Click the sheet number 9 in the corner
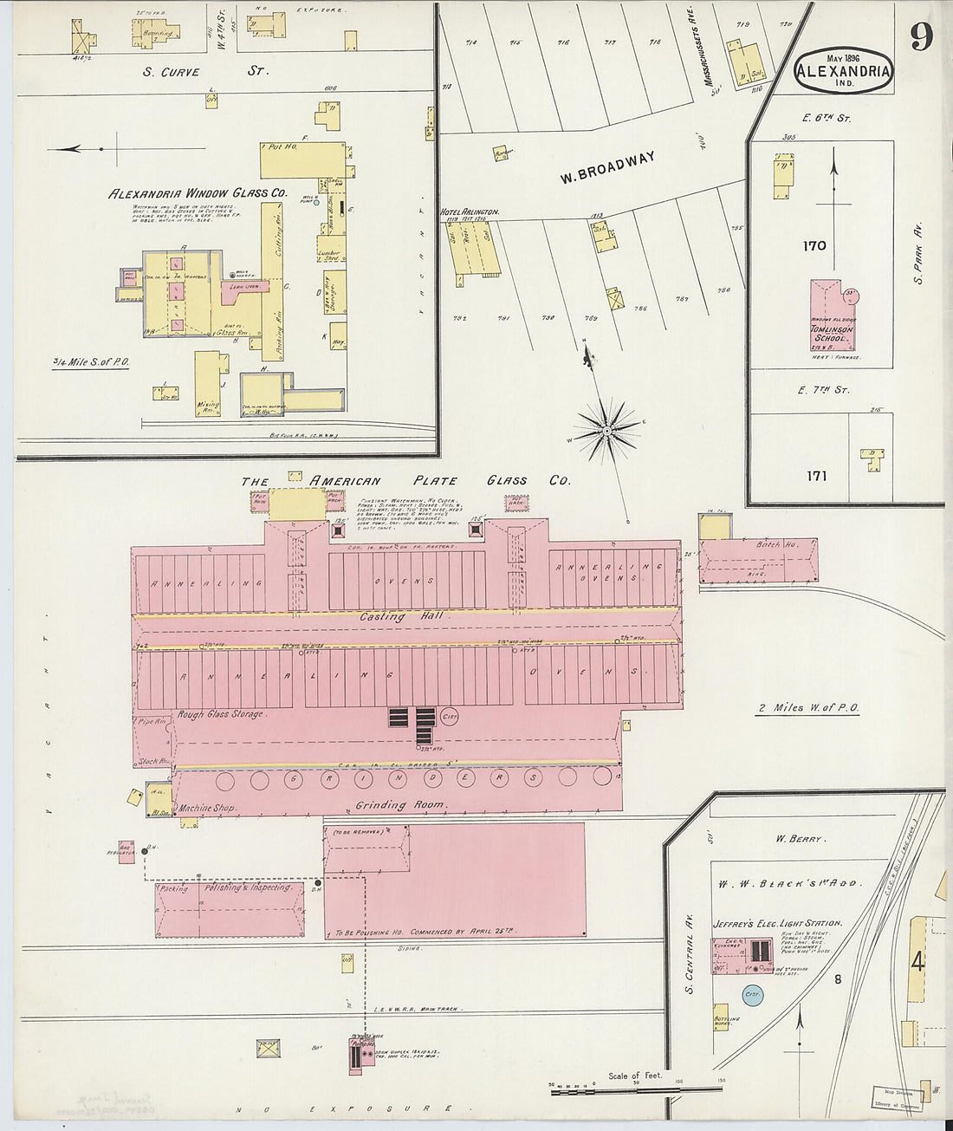click(x=921, y=36)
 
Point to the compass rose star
click(x=609, y=429)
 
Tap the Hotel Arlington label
click(x=469, y=211)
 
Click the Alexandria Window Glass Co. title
click(x=198, y=193)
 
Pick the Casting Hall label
click(x=383, y=617)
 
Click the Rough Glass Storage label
click(x=221, y=714)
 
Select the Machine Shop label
click(x=207, y=808)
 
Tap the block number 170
click(x=814, y=246)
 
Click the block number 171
click(x=816, y=476)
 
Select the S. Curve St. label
click(x=205, y=71)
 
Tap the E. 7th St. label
click(x=823, y=391)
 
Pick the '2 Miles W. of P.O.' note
click(x=807, y=708)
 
